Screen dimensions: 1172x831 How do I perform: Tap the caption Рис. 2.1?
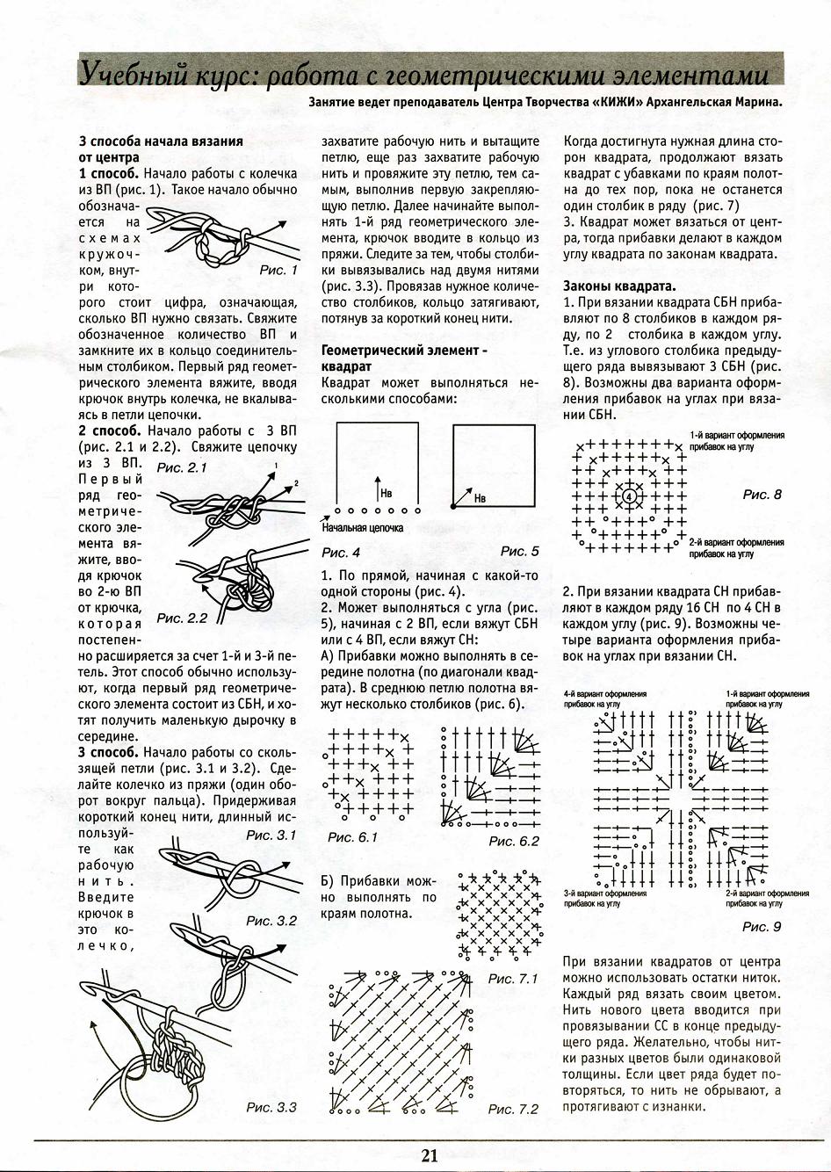[x=182, y=468]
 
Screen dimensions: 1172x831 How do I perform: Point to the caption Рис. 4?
[x=341, y=553]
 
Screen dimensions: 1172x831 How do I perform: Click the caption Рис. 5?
[x=520, y=551]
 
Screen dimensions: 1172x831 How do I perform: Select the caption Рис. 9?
[x=761, y=926]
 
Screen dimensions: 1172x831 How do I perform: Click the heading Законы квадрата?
[x=619, y=286]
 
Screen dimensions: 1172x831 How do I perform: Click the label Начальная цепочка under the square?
[x=363, y=528]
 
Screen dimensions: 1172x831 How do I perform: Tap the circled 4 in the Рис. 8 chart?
[x=628, y=497]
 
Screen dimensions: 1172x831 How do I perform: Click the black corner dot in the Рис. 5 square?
[x=453, y=507]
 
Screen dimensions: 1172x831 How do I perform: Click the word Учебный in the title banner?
[x=121, y=72]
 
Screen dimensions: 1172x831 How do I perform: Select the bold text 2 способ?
[x=110, y=431]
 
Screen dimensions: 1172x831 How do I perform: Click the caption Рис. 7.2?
[x=513, y=1109]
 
